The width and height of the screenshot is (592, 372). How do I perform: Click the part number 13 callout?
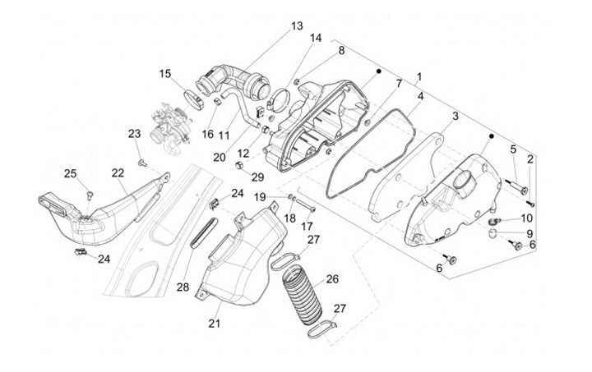(x=296, y=26)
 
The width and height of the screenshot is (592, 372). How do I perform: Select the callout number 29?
(x=257, y=177)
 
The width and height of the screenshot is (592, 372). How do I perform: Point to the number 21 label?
(x=215, y=324)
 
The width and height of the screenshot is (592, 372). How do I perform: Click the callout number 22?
(x=118, y=172)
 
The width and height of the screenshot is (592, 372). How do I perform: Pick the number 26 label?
(x=332, y=278)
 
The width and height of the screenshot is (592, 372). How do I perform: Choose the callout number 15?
(x=166, y=74)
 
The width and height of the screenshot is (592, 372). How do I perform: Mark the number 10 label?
(x=527, y=218)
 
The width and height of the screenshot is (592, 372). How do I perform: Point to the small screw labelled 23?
(x=141, y=161)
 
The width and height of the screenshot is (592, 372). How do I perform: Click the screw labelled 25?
(x=87, y=194)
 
